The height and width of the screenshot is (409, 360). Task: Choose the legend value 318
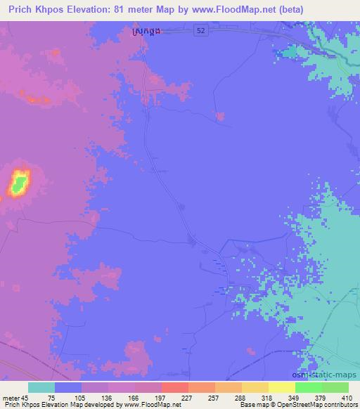(x=257, y=397)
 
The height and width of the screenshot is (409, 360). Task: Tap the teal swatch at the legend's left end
(x=41, y=387)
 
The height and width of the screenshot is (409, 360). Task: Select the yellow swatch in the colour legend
(x=282, y=387)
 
